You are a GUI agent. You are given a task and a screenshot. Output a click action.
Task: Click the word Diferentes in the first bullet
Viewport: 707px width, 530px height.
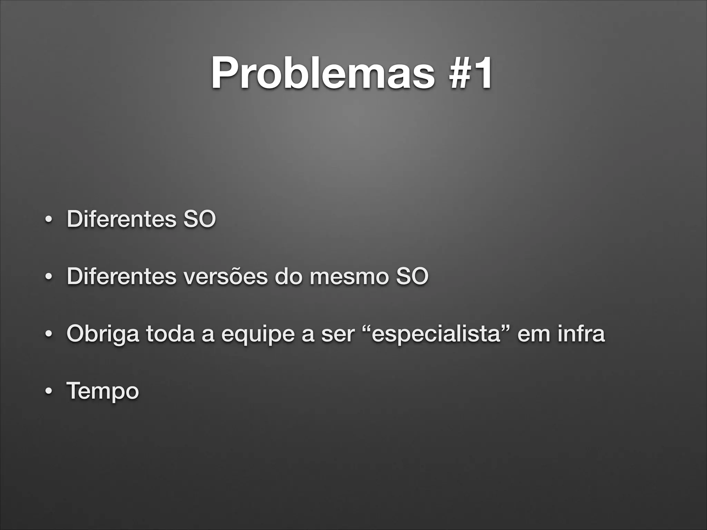pyautogui.click(x=121, y=219)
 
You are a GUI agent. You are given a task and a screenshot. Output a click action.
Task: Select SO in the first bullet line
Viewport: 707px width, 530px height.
pyautogui.click(x=199, y=219)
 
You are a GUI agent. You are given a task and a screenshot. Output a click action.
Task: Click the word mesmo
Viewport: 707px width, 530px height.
pyautogui.click(x=349, y=276)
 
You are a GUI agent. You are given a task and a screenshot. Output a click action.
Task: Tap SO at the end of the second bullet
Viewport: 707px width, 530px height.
pyautogui.click(x=412, y=276)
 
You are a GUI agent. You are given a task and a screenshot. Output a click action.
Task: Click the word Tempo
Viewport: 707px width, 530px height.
pyautogui.click(x=103, y=391)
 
